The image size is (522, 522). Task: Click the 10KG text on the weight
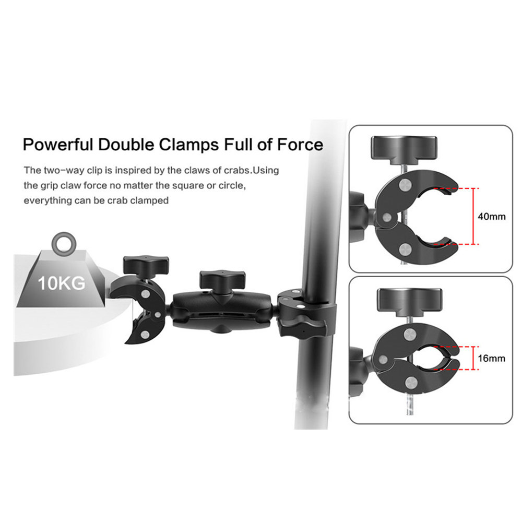point(61,283)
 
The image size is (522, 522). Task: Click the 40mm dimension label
point(491,217)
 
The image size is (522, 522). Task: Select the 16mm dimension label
point(491,359)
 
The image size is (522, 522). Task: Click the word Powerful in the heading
point(58,145)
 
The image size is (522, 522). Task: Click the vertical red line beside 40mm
point(473,216)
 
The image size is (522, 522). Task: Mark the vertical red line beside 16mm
point(473,358)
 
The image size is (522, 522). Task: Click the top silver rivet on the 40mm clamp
point(406,184)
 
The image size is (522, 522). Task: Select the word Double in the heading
point(126,145)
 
